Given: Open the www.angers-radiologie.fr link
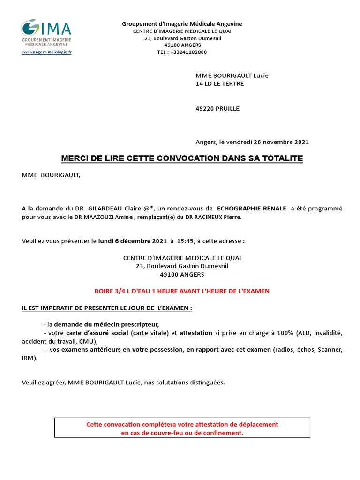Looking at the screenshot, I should (46, 52).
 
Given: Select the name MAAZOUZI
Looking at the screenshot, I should (104, 217).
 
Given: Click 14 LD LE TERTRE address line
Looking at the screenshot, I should (219, 84).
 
